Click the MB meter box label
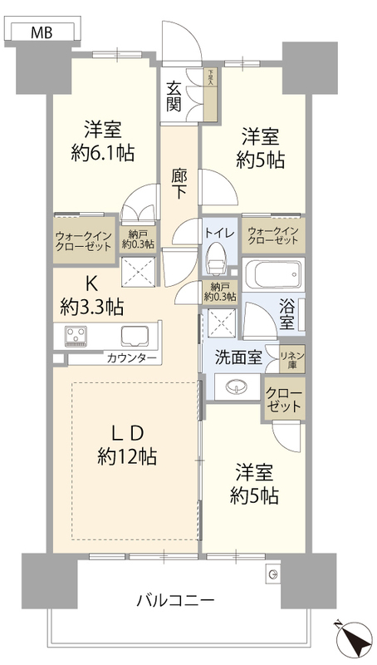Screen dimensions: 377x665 [x=41, y=32]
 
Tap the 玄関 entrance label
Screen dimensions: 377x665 [x=174, y=96]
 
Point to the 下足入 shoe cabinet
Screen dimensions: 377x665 [x=211, y=95]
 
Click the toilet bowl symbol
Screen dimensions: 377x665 [x=216, y=257]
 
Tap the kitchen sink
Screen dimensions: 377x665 [x=135, y=337]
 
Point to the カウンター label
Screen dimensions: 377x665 [x=132, y=359]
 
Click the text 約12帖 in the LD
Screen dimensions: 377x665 [x=127, y=456]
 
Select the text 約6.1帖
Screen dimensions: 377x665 [x=102, y=152]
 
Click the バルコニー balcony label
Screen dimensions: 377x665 [x=175, y=600]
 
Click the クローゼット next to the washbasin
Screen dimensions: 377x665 [x=285, y=399]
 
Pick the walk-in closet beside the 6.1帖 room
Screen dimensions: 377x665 [x=84, y=240]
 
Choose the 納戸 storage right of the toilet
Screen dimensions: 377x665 [x=220, y=292]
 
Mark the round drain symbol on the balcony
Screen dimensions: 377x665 [x=273, y=574]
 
